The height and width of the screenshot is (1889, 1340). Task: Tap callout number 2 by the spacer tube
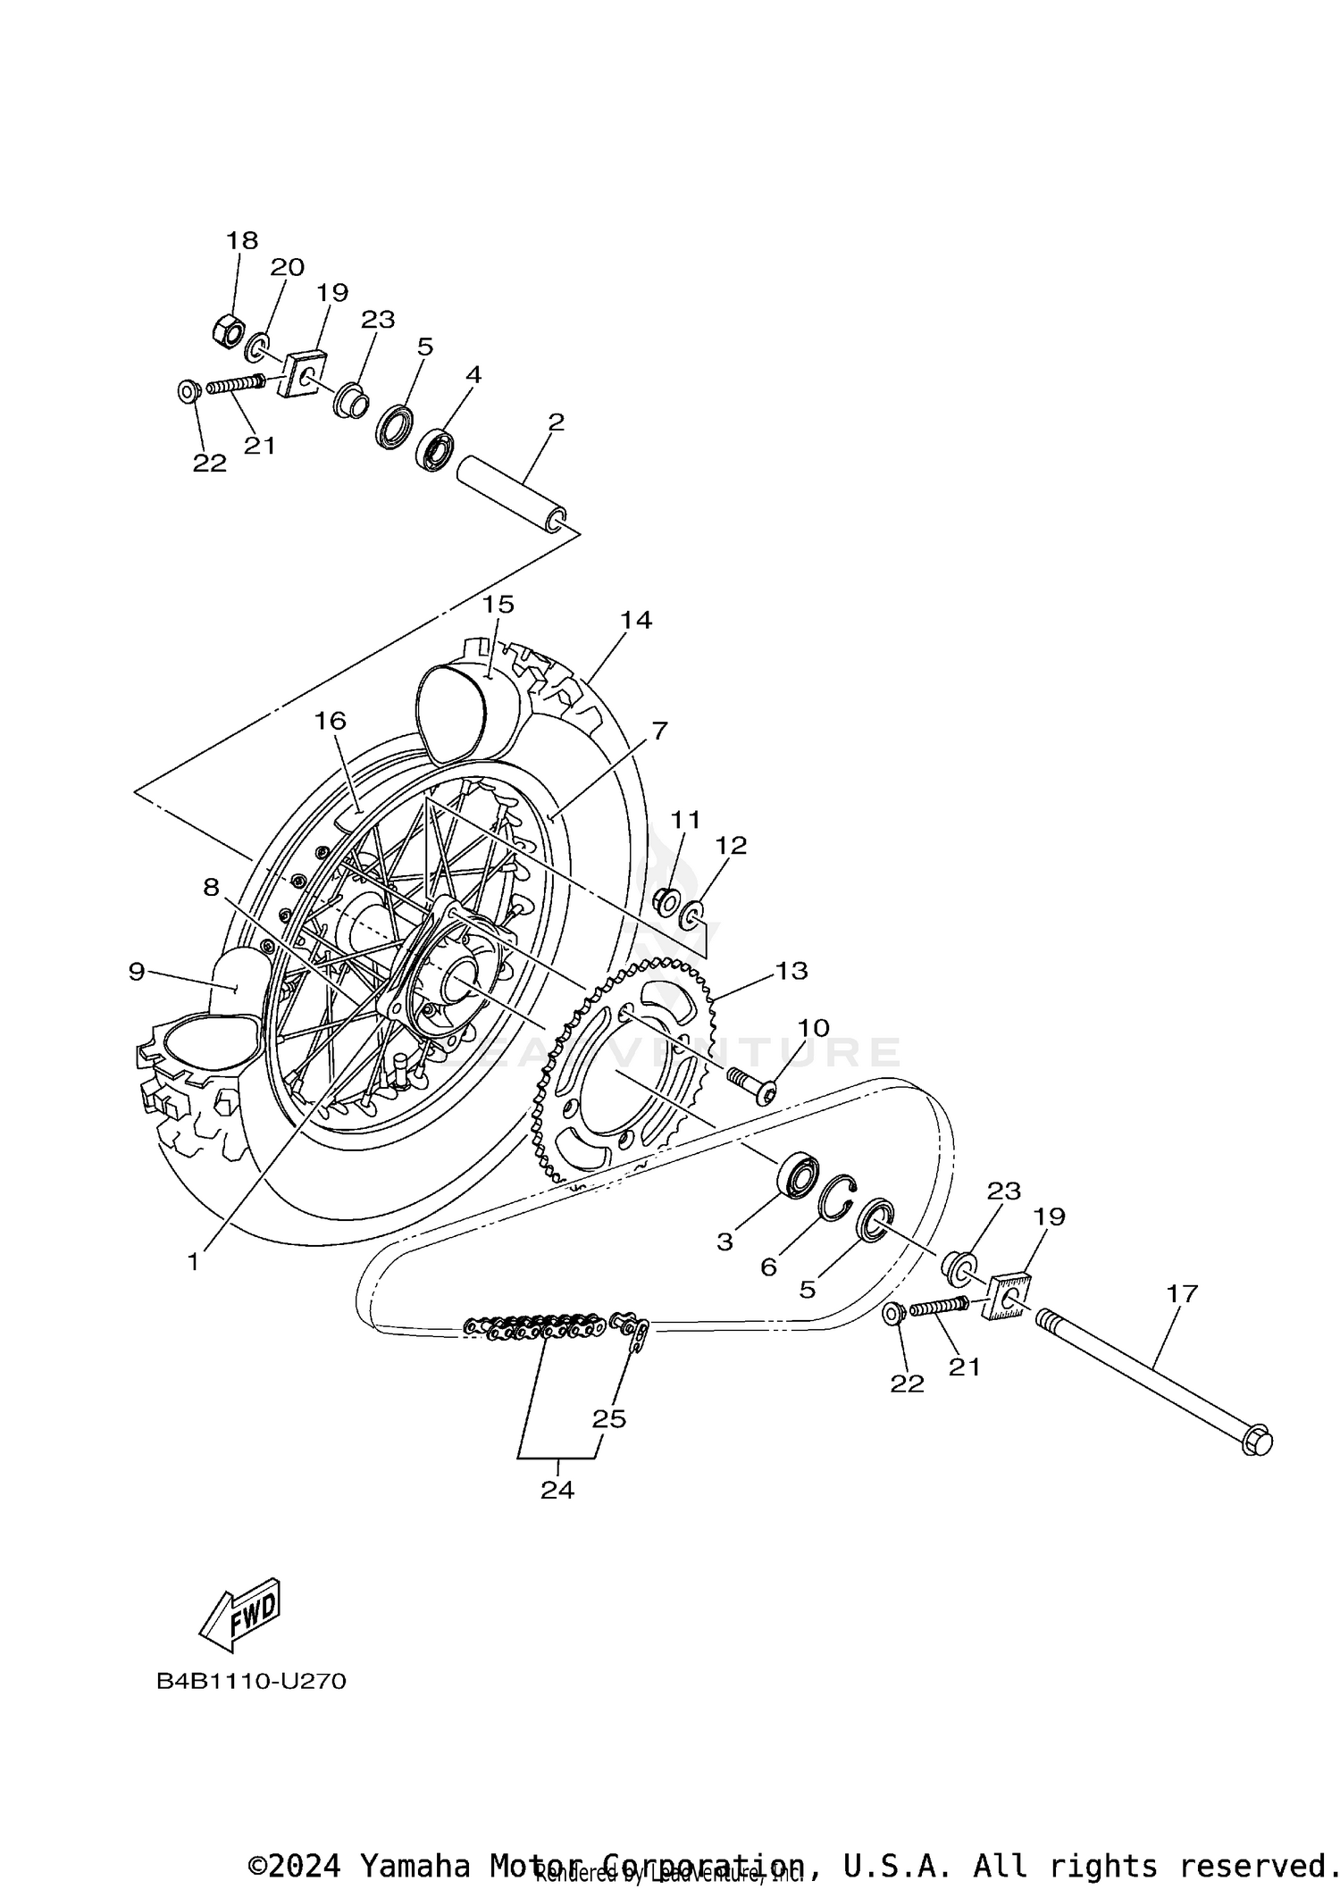click(x=556, y=422)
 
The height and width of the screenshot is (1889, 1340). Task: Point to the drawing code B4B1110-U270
click(x=251, y=1682)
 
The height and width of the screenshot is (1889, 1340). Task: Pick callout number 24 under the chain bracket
click(x=557, y=1490)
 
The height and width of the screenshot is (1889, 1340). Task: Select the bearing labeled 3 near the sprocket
click(x=797, y=1174)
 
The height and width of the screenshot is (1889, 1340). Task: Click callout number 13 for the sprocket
click(x=791, y=970)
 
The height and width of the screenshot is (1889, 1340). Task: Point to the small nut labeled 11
click(x=666, y=901)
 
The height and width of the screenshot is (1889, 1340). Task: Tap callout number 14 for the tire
click(x=636, y=619)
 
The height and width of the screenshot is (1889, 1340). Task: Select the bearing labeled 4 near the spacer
click(x=436, y=451)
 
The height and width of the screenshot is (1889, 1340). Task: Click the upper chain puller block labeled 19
click(x=304, y=373)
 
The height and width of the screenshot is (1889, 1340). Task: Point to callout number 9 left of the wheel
click(x=136, y=971)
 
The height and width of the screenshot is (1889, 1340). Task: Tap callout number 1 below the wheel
click(x=193, y=1262)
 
